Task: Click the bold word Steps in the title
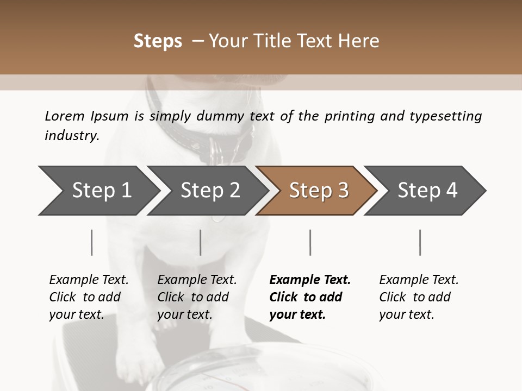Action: coord(158,41)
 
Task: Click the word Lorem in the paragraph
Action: coord(65,116)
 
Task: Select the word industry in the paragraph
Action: coord(71,135)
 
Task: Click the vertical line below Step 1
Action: coord(91,242)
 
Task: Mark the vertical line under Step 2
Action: coord(201,242)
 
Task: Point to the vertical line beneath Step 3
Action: coord(310,242)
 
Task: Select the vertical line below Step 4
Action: coord(420,242)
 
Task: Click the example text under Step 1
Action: coord(89,297)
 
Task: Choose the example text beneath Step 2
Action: coord(197,297)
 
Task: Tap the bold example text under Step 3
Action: coord(310,297)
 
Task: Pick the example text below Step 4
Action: coord(419,297)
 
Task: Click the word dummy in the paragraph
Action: coord(224,116)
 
